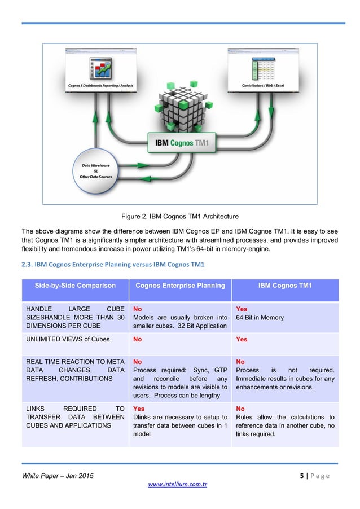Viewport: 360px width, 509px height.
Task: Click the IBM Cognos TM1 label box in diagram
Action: click(x=182, y=142)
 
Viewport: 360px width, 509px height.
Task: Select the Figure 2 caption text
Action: click(x=180, y=216)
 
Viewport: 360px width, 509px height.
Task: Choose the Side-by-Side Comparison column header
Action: click(x=75, y=286)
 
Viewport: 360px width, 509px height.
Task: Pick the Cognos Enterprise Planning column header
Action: click(x=180, y=286)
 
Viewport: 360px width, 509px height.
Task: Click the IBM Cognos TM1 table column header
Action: click(x=285, y=286)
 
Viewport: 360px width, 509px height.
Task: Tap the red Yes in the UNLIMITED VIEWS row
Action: click(x=242, y=339)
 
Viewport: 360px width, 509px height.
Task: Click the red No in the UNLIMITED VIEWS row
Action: click(x=137, y=339)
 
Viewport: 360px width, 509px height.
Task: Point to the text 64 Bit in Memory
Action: click(x=260, y=318)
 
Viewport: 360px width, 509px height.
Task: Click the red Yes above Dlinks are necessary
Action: click(x=138, y=408)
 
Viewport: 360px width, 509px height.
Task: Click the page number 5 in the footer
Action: click(x=304, y=476)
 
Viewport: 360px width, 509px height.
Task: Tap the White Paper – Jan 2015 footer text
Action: click(x=58, y=476)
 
